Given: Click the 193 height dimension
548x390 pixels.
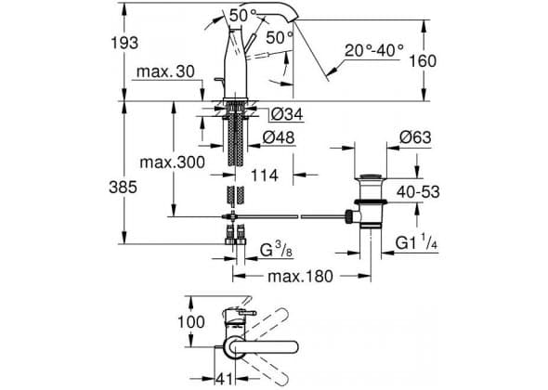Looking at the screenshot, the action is pos(124,43).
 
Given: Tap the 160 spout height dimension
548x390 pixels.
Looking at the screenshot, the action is pos(423,61).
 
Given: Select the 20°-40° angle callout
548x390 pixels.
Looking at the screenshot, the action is pos(374,50).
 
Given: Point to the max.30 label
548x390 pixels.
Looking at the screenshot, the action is pos(165,71).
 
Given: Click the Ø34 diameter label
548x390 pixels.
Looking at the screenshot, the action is pos(287,114).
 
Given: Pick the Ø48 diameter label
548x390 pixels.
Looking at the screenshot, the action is pos(279,137).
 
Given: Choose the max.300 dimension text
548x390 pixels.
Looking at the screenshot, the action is pos(173,162).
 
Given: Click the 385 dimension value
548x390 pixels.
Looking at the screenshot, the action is pos(123,188).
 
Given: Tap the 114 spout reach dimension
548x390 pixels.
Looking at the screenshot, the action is pos(265,175).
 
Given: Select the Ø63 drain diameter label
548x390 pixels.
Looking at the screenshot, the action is pos(415,137).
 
